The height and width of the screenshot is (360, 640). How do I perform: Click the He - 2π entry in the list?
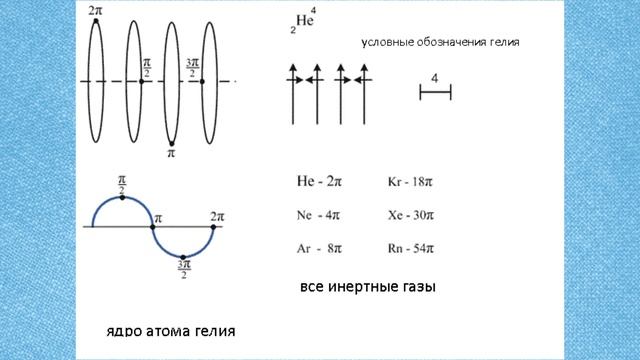tap(320, 183)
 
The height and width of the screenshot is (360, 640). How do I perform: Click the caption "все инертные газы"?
tap(368, 288)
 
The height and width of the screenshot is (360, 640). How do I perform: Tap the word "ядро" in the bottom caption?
tap(126, 330)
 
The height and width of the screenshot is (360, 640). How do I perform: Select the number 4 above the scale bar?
tap(435, 77)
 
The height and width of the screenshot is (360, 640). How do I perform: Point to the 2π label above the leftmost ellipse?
tap(95, 9)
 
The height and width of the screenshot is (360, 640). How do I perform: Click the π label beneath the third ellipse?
tap(171, 155)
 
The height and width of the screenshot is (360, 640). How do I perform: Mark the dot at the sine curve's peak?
tap(122, 198)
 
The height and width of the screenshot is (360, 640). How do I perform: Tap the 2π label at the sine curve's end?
tap(217, 216)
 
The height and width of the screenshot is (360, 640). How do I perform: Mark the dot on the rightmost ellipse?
tap(203, 81)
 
